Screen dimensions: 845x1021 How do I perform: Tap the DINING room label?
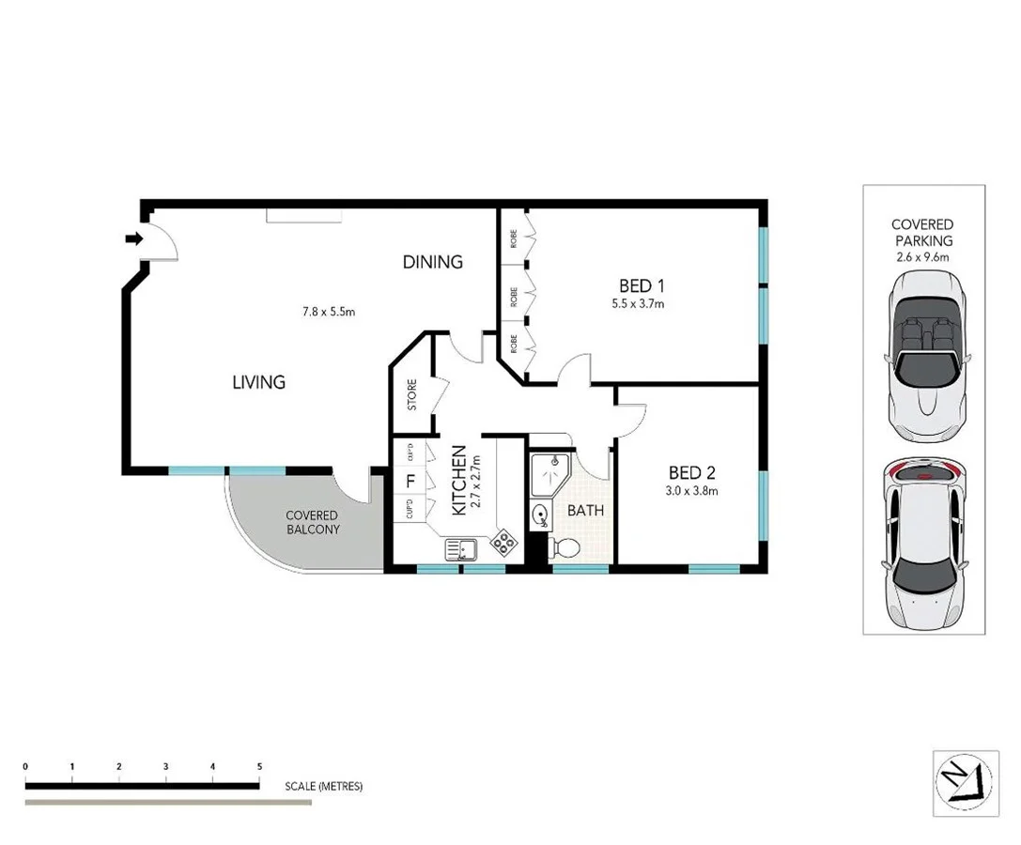[432, 262]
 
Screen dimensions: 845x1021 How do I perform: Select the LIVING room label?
[258, 382]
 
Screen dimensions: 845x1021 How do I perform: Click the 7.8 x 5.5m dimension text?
[328, 312]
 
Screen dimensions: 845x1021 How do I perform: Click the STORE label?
[411, 395]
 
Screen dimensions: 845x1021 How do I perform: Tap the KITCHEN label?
[460, 480]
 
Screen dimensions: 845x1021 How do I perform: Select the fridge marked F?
[409, 483]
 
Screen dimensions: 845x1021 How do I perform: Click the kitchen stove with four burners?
[503, 542]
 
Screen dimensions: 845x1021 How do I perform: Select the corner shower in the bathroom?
[548, 474]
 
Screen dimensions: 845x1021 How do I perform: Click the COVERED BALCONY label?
[312, 522]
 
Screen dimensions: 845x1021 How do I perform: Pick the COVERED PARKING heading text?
[922, 232]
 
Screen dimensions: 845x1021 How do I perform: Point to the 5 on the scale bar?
[259, 767]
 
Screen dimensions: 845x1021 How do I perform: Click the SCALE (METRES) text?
[323, 787]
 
